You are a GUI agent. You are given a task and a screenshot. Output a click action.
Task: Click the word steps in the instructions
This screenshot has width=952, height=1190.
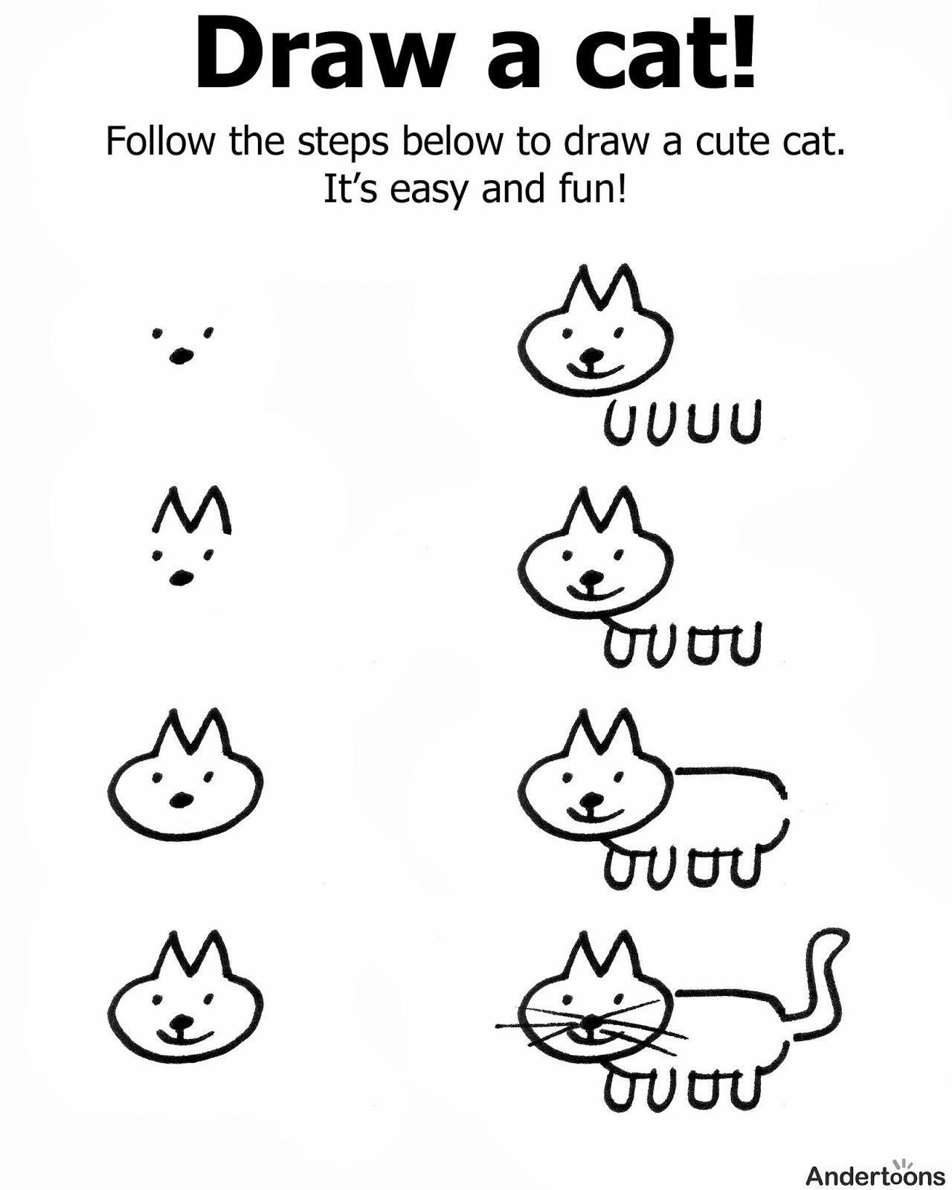click(342, 143)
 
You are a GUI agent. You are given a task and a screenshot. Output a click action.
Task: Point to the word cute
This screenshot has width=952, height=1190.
click(734, 141)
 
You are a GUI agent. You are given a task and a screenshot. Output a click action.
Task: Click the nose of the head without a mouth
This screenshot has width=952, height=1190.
click(180, 800)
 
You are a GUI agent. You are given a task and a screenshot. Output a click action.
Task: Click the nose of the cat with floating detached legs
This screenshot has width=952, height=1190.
click(591, 356)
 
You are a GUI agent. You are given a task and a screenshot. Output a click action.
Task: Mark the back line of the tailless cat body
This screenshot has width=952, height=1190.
click(729, 773)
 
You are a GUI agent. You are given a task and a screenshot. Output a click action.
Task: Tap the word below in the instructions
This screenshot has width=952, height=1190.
click(453, 141)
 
